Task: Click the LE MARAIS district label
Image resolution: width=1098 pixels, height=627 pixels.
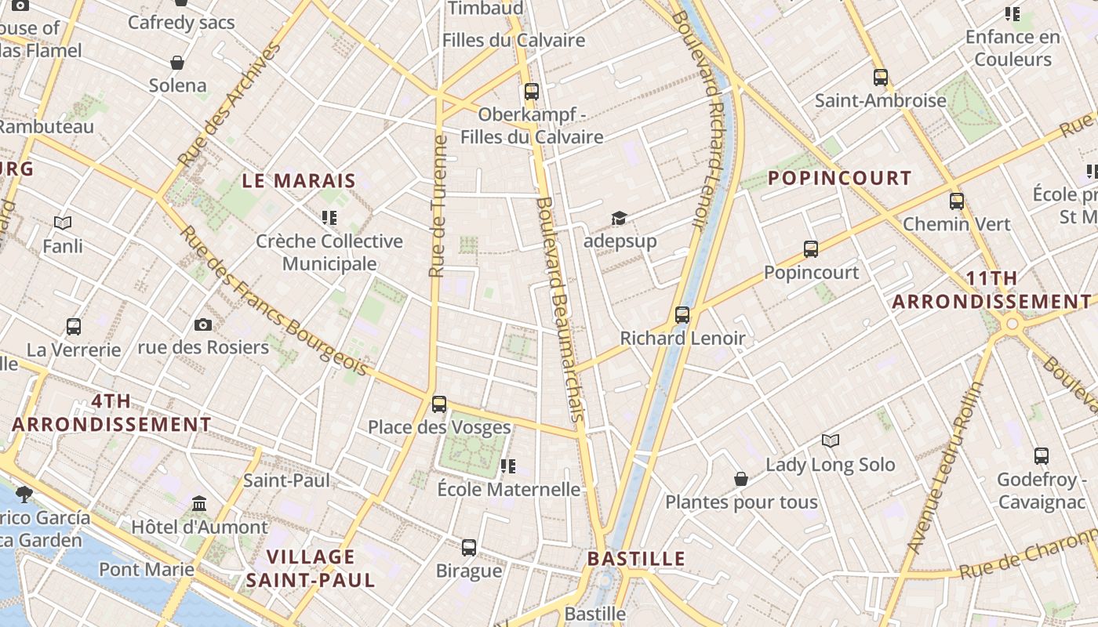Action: pos(298,181)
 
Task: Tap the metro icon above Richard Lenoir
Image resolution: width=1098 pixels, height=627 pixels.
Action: pos(682,315)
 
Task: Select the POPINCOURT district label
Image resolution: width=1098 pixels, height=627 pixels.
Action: pos(839,178)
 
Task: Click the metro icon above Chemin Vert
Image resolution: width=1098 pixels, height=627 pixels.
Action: pos(956,201)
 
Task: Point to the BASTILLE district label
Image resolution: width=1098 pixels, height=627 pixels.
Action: pos(636,559)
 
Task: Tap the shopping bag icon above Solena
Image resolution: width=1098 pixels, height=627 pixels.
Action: pos(177,63)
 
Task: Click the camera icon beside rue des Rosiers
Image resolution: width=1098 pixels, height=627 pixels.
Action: pos(202,324)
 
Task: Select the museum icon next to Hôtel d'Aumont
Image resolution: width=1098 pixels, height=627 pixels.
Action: pos(199,503)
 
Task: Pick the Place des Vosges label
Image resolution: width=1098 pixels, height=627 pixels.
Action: pos(439,427)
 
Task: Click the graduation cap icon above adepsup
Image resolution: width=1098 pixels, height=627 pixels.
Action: pos(620,218)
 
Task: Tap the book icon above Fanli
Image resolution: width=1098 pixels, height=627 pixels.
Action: pos(63,223)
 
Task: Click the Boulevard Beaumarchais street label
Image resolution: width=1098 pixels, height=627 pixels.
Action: pos(558,310)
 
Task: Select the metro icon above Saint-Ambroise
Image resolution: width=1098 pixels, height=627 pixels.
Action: pos(880,78)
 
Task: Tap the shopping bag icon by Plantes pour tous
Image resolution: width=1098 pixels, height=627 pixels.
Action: pos(740,478)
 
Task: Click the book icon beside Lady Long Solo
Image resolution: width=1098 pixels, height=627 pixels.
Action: pos(830,440)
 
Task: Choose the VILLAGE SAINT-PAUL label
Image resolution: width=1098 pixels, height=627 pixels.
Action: pos(311,569)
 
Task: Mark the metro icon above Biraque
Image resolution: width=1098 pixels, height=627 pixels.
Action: pos(469,547)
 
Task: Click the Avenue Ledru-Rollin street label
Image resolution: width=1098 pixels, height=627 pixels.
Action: pos(945,467)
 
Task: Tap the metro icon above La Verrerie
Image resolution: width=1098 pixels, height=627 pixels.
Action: pos(74,326)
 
